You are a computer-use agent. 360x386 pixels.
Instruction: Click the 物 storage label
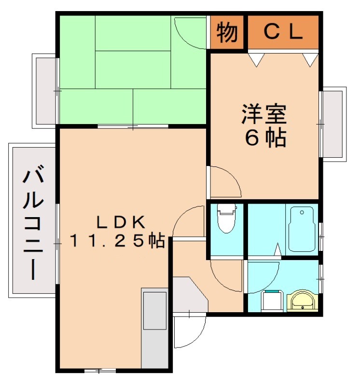click(x=227, y=32)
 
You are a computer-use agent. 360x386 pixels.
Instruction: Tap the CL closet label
click(x=283, y=32)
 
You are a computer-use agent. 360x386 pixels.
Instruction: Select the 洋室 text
click(x=264, y=114)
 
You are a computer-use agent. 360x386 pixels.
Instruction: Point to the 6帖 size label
click(x=265, y=138)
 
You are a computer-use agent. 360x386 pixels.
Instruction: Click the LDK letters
click(x=121, y=222)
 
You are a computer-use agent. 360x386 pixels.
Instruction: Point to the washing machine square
click(x=271, y=302)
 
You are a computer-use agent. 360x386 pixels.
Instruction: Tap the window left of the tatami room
click(x=45, y=91)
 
